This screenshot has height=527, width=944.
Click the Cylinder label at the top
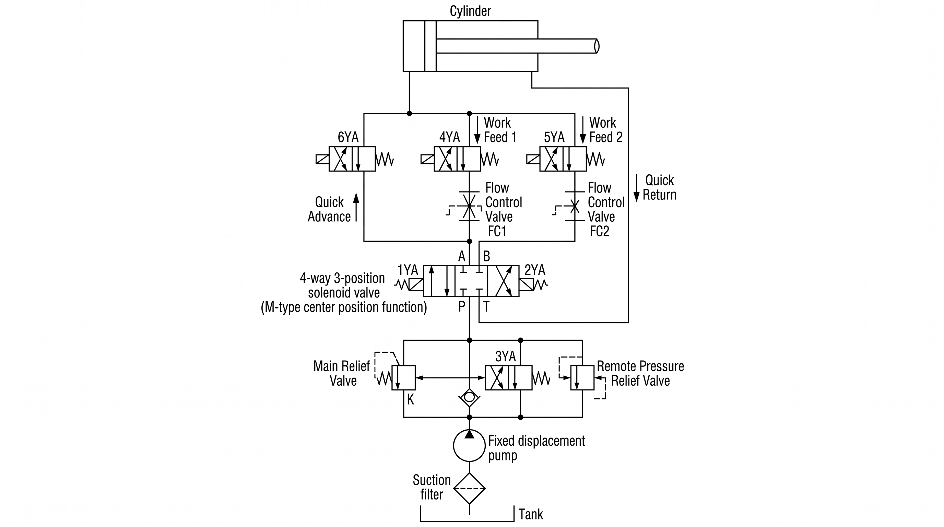470,11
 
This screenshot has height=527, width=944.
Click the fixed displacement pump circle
469,445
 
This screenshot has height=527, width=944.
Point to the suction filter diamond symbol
469,488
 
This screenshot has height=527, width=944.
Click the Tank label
531,514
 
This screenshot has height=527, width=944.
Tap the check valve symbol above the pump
469,397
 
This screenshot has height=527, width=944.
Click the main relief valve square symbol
403,377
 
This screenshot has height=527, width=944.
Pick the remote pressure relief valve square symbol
582,377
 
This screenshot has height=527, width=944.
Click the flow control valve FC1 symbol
469,206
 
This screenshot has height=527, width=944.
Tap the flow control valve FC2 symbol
574,206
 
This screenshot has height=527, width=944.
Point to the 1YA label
408,270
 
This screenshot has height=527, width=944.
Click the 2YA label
535,270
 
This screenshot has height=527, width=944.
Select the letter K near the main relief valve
411,399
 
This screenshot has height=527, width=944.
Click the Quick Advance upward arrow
356,208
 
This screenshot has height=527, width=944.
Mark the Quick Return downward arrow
637,188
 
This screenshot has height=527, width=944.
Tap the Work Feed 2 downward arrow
583,130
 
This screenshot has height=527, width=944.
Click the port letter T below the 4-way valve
486,306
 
